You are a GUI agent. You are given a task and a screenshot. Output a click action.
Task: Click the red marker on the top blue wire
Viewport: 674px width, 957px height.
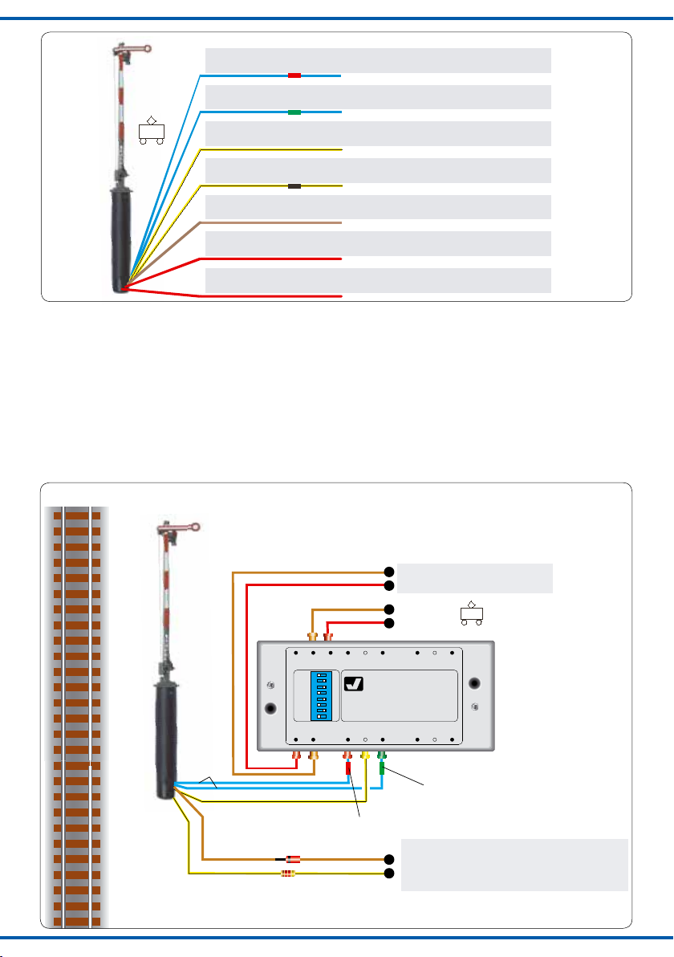pos(294,75)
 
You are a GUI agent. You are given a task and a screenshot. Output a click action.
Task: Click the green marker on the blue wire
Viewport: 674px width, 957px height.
pos(294,112)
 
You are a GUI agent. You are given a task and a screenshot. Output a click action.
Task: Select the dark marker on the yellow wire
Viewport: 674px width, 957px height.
pos(294,186)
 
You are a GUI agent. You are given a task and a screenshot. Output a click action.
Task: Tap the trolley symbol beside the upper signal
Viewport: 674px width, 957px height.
pos(151,130)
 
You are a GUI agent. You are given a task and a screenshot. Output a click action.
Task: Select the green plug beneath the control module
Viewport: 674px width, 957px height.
pos(383,757)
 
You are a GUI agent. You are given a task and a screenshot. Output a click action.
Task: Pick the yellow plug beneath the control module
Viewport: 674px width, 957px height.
pos(366,756)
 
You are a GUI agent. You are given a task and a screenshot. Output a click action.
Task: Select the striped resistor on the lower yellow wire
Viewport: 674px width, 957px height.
pos(288,873)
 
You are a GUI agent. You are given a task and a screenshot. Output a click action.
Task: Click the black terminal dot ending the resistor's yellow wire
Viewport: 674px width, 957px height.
pos(389,873)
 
